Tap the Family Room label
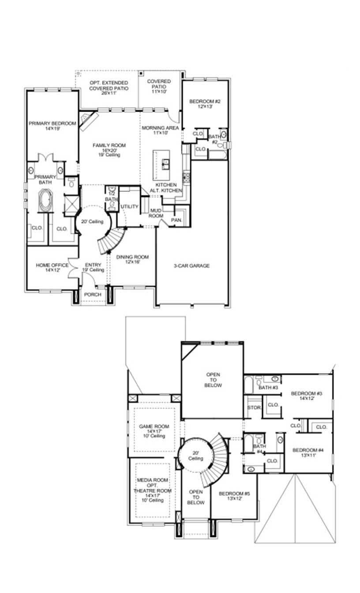tap(109, 145)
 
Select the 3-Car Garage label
tap(191, 266)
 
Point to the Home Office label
tap(52, 265)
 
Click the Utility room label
tap(130, 206)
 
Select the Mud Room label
tap(156, 214)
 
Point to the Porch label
tap(93, 294)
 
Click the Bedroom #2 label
tap(205, 102)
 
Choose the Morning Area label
tap(160, 128)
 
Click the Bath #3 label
tap(268, 388)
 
